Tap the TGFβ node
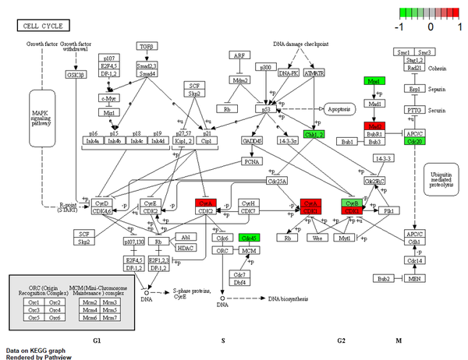coord(147,46)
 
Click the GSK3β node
coord(75,75)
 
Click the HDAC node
coord(185,248)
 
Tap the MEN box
coord(414,278)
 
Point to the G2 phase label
coord(341,341)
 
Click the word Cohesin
coord(439,66)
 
